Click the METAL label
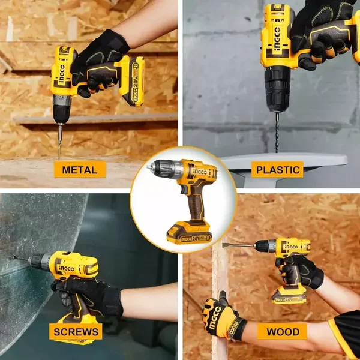[80, 169]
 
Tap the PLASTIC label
[277, 170]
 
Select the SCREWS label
[76, 332]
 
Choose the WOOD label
[283, 332]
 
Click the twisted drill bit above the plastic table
[277, 132]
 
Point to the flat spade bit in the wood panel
[239, 245]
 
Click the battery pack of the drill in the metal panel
[132, 82]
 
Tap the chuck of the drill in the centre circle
[164, 168]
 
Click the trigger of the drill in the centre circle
[183, 189]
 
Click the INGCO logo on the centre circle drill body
[200, 172]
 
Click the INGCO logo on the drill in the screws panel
[67, 268]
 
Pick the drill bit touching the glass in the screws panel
[21, 259]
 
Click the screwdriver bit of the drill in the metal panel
[59, 141]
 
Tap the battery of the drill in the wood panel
[289, 296]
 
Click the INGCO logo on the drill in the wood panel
[292, 247]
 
